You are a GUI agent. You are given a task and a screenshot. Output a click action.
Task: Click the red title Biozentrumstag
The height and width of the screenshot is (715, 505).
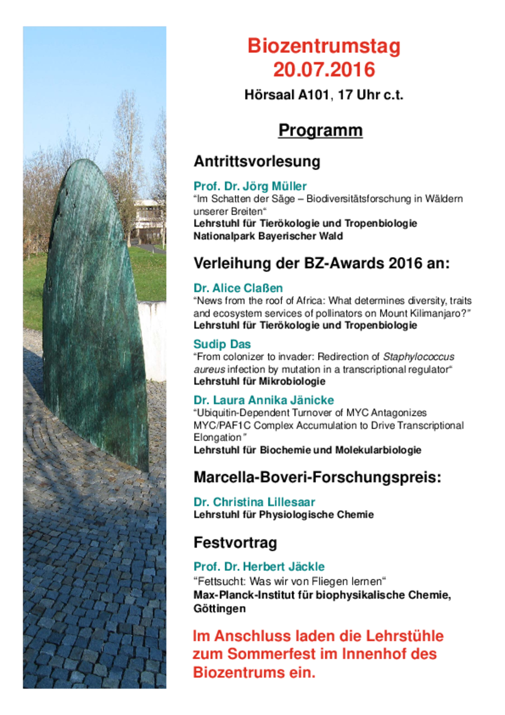[x=324, y=46]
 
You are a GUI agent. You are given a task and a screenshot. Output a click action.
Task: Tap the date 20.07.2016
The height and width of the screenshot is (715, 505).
[x=324, y=70]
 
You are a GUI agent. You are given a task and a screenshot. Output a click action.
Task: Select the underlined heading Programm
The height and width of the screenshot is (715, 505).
[x=320, y=130]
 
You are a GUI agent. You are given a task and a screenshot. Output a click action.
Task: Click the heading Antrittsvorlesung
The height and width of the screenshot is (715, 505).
[x=257, y=161]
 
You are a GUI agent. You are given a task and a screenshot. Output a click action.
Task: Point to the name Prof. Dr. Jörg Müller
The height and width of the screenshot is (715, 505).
[x=250, y=186]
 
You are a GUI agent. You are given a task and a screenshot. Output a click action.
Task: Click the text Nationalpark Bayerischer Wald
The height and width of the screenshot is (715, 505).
[x=268, y=236]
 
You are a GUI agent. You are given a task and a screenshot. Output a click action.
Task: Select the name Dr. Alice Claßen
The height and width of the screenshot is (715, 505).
[x=238, y=288]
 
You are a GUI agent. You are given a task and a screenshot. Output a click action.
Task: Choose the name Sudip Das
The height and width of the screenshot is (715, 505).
[x=222, y=344]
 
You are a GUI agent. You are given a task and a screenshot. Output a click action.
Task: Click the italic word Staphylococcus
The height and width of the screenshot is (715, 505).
[x=419, y=356]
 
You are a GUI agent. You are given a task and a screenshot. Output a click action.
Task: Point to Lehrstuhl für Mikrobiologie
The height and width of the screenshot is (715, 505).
[x=259, y=381]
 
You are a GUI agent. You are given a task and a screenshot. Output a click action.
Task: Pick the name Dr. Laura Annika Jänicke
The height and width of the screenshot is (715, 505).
[x=264, y=400]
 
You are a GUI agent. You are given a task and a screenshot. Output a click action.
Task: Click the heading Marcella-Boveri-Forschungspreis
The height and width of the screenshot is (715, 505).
[x=317, y=477]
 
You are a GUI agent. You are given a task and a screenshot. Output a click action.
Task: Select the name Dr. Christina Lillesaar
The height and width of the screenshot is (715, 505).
[x=254, y=502]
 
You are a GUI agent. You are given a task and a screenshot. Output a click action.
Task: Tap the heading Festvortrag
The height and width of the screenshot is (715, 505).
[x=235, y=543]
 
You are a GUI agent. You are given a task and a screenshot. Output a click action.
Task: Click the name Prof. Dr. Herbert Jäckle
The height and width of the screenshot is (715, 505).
[x=259, y=566]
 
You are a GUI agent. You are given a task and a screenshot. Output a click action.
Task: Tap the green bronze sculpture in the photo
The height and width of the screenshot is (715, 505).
[x=95, y=313]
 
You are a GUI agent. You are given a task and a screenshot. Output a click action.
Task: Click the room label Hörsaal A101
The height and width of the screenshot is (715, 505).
[x=287, y=95]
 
